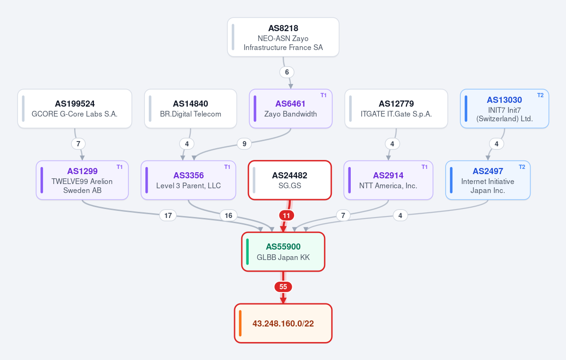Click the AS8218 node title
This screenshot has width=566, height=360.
[283, 28]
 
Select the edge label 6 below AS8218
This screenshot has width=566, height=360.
[287, 72]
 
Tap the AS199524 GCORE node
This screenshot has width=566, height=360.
[75, 109]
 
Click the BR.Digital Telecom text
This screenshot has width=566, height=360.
[191, 114]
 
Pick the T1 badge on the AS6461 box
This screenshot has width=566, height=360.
[323, 95]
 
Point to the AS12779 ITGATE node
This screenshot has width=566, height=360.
[396, 109]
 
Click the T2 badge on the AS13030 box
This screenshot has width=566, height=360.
[541, 95]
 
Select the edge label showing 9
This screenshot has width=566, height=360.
[245, 144]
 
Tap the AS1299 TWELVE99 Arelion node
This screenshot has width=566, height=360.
[82, 180]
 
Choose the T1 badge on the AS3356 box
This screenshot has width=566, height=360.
[227, 167]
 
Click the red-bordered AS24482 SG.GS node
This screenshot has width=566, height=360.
[290, 180]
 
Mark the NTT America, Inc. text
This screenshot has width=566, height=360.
[388, 186]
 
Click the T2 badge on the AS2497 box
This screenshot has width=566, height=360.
[522, 167]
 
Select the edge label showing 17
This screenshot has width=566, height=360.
[168, 215]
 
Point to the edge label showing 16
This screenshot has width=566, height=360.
[228, 215]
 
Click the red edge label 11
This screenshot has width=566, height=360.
[286, 216]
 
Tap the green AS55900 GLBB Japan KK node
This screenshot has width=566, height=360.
[283, 252]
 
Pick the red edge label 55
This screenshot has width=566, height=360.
[283, 287]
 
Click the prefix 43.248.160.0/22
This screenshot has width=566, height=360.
[283, 324]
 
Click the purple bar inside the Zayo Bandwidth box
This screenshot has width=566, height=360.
[255, 109]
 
